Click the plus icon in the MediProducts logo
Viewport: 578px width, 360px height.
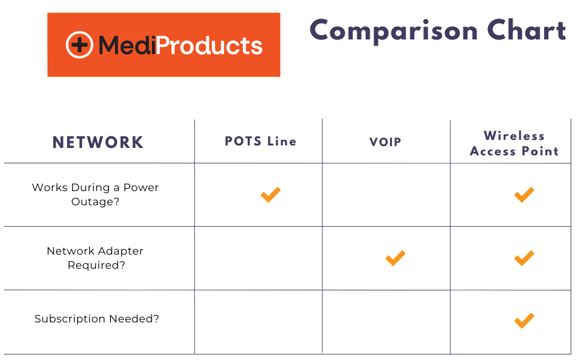click(x=79, y=45)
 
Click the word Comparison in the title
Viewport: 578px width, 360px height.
click(x=394, y=31)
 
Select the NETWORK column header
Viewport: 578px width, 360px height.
click(x=98, y=142)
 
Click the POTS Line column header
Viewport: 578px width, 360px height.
click(x=260, y=141)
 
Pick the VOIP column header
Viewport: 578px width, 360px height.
click(x=385, y=142)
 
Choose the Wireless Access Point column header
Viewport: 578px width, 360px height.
click(x=515, y=144)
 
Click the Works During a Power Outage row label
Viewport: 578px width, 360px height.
click(x=95, y=194)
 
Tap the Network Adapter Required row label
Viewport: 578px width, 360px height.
click(x=95, y=258)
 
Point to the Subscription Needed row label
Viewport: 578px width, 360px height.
click(x=97, y=319)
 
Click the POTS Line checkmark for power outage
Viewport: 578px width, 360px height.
click(x=271, y=195)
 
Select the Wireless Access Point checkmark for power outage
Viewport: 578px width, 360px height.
click(x=524, y=195)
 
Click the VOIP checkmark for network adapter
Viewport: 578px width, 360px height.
click(x=395, y=258)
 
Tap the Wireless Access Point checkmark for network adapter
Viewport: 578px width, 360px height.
click(x=524, y=258)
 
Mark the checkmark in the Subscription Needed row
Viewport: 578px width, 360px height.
click(x=524, y=321)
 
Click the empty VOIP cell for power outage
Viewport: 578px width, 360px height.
click(x=386, y=195)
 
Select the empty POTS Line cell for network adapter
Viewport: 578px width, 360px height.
click(x=258, y=258)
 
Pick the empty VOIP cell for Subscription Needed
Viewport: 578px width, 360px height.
click(x=386, y=322)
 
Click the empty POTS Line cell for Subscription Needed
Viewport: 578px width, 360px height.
click(x=258, y=322)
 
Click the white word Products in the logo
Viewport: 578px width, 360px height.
click(x=210, y=46)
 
